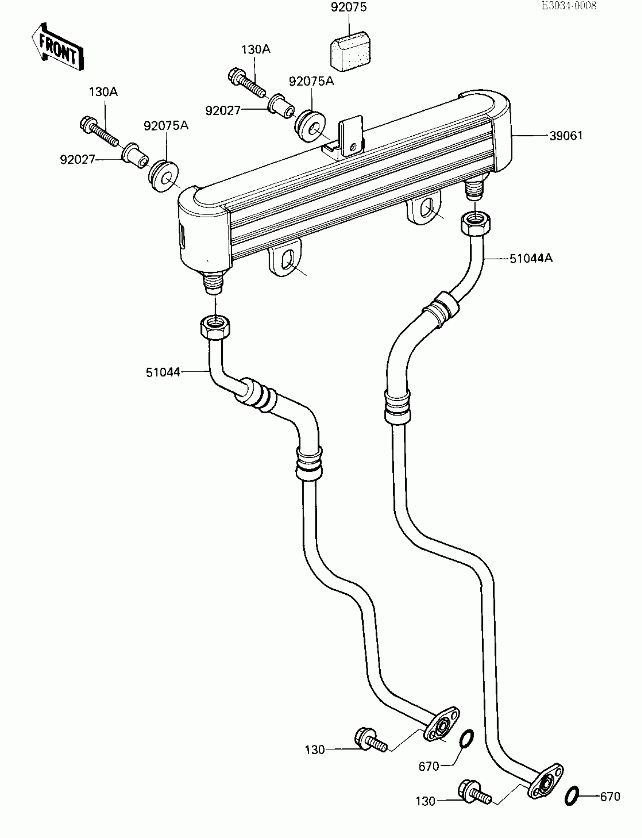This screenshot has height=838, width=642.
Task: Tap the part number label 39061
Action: [566, 136]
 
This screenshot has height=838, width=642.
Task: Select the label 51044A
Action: [531, 259]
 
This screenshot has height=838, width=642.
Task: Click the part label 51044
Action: [163, 372]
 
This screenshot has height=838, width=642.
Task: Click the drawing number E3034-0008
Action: [569, 5]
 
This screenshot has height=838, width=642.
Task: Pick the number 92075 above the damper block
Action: [349, 8]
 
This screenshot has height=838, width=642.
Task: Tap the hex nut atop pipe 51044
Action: [215, 327]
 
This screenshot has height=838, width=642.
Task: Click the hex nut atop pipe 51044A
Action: [476, 223]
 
